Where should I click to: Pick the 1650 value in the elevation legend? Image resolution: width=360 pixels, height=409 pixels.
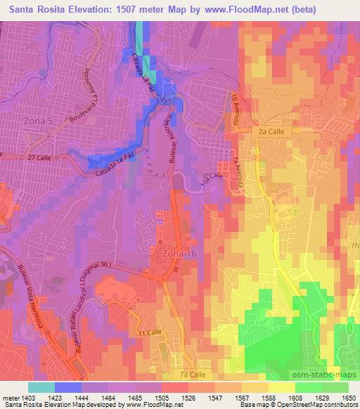[349, 397]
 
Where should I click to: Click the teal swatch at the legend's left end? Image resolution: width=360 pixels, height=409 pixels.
[41, 387]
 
